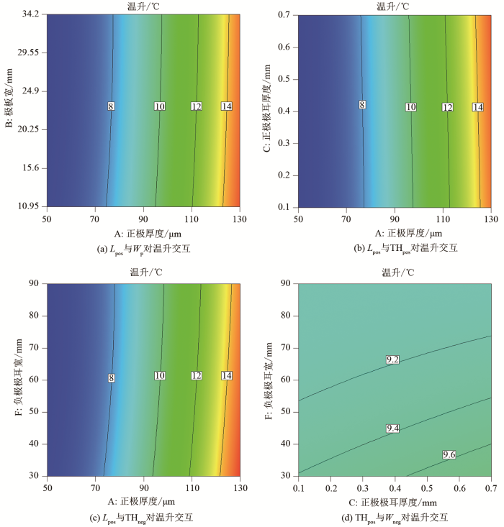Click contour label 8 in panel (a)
[111, 106]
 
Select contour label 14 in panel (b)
[477, 107]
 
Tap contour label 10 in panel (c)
[160, 375]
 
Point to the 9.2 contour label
[392, 359]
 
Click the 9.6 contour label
[429, 454]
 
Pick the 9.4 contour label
[392, 429]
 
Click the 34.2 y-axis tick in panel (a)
[29, 14]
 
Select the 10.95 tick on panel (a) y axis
[27, 206]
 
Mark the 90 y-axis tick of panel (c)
[34, 284]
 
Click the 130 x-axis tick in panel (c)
[238, 487]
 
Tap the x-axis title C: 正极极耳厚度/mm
[395, 503]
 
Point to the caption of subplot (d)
[395, 518]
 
